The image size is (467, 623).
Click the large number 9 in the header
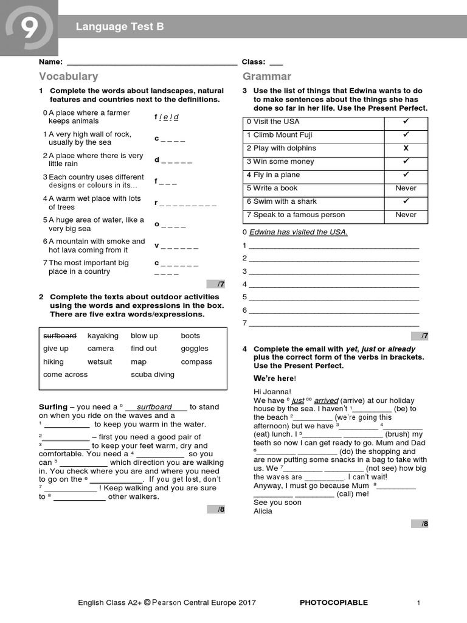point(29,27)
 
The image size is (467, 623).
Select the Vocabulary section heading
point(68,77)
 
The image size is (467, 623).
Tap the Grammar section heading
point(267,77)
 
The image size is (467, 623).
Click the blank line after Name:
point(151,62)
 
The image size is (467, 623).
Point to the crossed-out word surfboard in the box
point(60,336)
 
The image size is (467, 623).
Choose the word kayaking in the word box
point(103,336)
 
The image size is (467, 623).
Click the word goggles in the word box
point(194,349)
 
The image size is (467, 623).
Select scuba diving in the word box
point(152,375)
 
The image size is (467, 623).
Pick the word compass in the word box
point(196,362)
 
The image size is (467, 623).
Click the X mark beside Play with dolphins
point(406,148)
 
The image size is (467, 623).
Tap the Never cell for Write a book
point(406,189)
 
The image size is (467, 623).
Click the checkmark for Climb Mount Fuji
point(406,135)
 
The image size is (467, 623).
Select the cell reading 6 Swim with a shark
point(282,202)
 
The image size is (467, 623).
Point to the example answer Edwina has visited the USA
point(298,232)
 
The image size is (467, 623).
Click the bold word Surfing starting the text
point(53,407)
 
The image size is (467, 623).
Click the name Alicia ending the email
point(263,511)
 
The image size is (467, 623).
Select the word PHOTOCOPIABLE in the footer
point(334,603)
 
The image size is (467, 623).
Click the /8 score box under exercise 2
point(216,509)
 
